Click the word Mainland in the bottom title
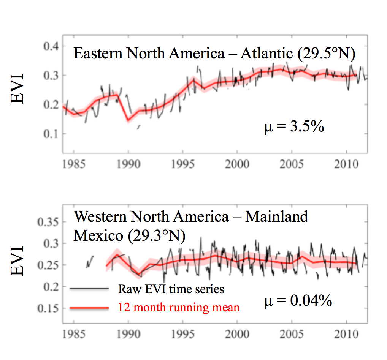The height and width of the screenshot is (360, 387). (x=276, y=217)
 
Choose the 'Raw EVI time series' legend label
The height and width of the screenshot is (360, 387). (x=171, y=289)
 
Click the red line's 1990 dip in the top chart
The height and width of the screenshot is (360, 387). (x=128, y=120)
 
